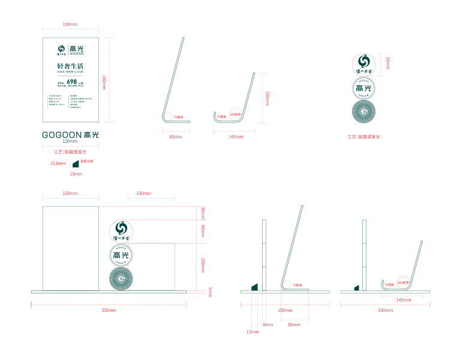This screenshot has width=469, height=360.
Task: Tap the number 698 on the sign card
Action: (x=71, y=81)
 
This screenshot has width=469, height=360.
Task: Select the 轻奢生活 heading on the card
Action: (x=70, y=65)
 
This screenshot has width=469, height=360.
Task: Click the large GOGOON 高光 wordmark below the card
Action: (x=70, y=134)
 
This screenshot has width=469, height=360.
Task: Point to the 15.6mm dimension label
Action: (x=58, y=163)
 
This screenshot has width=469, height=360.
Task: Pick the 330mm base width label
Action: (x=109, y=310)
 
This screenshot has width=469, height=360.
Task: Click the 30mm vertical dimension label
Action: (x=203, y=212)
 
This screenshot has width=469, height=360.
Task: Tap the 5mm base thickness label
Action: (x=211, y=292)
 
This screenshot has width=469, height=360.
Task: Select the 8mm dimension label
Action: (x=267, y=325)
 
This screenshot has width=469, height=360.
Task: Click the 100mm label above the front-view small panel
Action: (x=143, y=194)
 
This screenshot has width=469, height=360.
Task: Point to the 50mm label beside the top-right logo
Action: (x=388, y=62)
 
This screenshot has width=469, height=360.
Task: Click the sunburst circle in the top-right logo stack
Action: (x=363, y=112)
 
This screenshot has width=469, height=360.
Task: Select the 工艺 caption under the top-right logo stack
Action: (x=363, y=137)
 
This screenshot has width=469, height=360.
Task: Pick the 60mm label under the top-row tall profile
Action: (x=175, y=137)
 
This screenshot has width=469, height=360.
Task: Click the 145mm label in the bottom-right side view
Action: (x=403, y=299)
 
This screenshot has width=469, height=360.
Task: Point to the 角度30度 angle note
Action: (x=86, y=161)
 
